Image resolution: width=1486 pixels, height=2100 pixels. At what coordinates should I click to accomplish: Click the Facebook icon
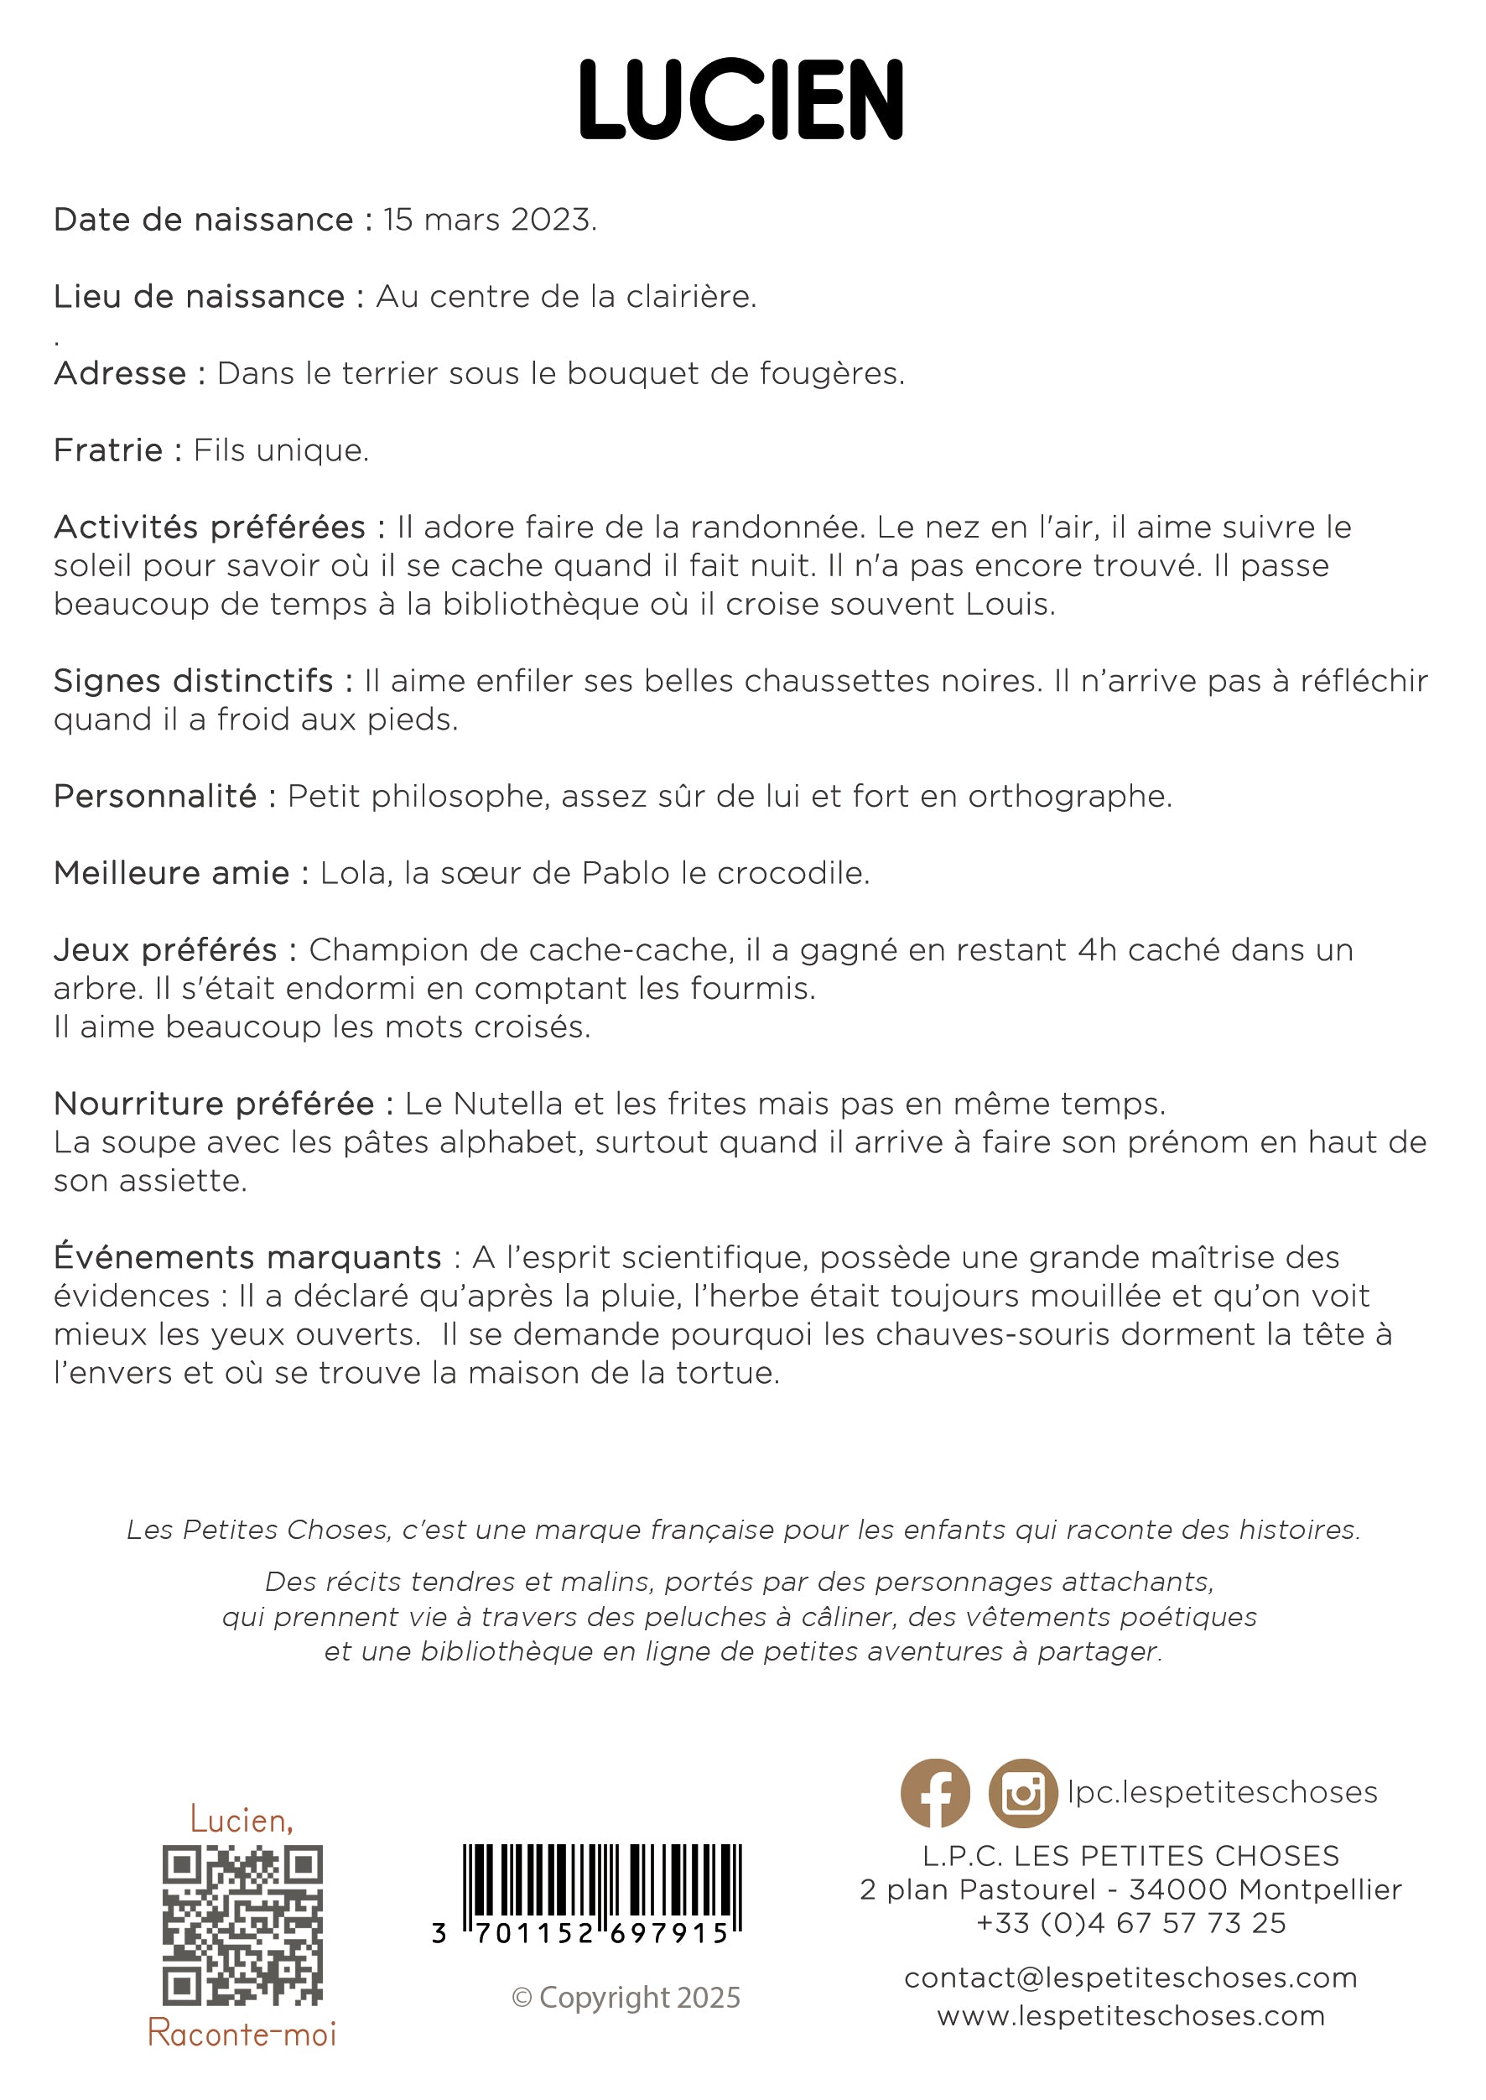tap(935, 1792)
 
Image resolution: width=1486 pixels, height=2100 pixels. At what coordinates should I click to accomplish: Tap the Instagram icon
tap(1023, 1792)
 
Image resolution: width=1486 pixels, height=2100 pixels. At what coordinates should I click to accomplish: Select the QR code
tap(242, 1926)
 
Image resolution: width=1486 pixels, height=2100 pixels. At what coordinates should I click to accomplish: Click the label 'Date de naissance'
tap(203, 220)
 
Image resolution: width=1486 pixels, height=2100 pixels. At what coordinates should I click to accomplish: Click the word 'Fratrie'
tap(108, 450)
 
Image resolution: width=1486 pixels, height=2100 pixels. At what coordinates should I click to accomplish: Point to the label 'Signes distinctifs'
tap(193, 681)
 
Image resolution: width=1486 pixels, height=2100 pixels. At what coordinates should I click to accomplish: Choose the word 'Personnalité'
tap(154, 796)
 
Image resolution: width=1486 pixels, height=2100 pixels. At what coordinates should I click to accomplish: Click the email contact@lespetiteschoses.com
tap(1131, 1978)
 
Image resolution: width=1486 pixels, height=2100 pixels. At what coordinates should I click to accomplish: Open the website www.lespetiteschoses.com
tap(1131, 2015)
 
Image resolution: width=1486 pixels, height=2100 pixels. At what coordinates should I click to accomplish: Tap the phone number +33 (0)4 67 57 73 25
tap(1131, 1922)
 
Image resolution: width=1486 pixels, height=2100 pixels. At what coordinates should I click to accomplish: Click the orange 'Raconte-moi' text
tap(242, 2033)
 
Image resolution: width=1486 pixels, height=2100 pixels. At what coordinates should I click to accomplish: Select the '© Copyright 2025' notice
tap(626, 1997)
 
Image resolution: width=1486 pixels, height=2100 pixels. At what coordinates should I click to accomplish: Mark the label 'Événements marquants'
tap(247, 1257)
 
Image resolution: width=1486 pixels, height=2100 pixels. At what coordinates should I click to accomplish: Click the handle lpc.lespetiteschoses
tap(1223, 1791)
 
